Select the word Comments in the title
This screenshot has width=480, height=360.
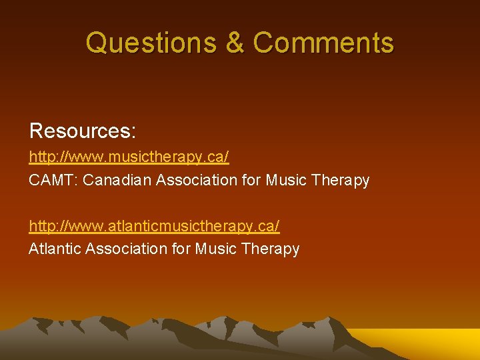click(323, 43)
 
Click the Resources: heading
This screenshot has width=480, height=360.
click(83, 131)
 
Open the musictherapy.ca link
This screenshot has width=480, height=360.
click(129, 157)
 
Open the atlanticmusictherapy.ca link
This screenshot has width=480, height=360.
click(154, 226)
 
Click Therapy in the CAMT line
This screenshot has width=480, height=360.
click(341, 180)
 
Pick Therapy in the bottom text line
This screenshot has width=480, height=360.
click(271, 249)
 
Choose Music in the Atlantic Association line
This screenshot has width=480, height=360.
click(216, 249)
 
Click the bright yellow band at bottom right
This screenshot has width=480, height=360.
click(427, 343)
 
